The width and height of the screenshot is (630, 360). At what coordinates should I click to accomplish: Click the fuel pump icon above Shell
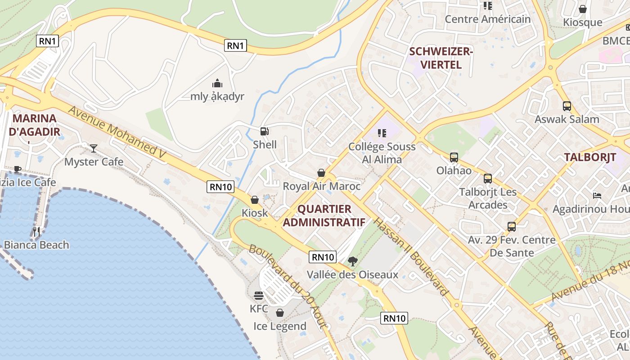265,131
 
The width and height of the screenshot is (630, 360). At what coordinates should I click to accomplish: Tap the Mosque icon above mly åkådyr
217,83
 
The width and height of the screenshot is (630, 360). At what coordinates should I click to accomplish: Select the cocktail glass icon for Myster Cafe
94,148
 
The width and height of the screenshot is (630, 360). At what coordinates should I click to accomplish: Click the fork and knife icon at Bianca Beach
36,232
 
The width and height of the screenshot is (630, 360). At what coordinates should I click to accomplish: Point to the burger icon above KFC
259,296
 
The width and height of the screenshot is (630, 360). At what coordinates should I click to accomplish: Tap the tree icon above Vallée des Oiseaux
353,261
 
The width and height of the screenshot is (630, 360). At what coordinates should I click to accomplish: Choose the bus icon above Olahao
454,157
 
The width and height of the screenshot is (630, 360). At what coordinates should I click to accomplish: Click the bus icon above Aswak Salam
567,106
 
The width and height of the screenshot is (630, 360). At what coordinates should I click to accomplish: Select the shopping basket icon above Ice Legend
280,312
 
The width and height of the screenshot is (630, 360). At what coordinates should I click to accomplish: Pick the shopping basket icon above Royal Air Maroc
321,173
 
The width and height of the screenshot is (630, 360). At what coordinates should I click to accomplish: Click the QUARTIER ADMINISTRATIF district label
324,216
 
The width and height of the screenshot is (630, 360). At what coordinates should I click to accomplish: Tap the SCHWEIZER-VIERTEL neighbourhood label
441,58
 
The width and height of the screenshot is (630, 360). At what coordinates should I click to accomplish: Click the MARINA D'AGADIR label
35,125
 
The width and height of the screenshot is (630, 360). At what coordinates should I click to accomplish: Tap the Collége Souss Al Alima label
382,153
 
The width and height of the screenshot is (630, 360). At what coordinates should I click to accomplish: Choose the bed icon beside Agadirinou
597,195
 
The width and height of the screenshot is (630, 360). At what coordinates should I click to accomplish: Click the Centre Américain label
488,19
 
